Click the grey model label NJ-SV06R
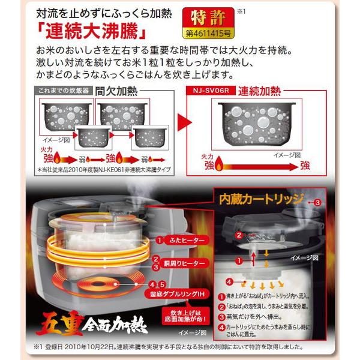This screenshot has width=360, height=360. [x=208, y=90]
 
